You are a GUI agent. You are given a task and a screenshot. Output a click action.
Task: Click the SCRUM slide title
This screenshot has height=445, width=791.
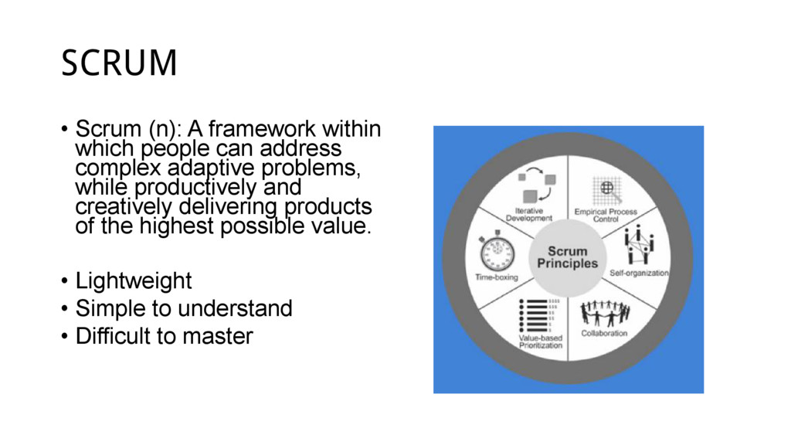[119, 63]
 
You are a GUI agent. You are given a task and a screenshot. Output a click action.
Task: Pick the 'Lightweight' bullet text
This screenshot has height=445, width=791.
[134, 280]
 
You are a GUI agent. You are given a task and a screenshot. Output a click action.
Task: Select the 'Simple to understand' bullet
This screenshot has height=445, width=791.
[184, 308]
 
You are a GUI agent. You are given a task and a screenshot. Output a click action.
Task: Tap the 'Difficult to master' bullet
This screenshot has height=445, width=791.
[164, 337]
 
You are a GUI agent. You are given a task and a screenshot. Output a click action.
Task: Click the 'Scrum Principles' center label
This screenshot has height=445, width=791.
[568, 257]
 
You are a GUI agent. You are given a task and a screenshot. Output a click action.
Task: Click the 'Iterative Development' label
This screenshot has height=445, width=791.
[529, 214]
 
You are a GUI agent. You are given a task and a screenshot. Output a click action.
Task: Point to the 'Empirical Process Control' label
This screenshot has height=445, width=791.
[606, 214]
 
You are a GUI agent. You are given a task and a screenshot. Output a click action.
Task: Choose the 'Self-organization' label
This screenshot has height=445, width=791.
[639, 273]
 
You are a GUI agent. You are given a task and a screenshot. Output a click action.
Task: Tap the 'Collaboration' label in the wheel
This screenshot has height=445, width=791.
[603, 334]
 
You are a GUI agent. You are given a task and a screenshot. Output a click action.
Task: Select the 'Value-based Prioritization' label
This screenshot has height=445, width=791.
[540, 341]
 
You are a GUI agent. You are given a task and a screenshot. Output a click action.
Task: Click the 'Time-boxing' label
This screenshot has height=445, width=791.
[495, 276]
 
